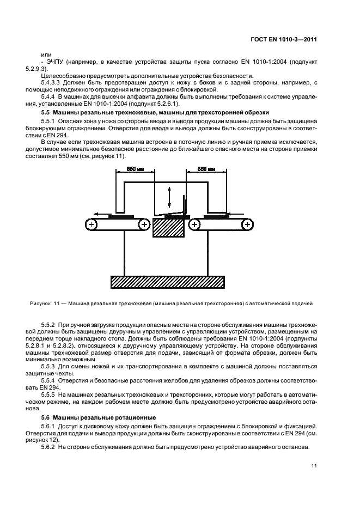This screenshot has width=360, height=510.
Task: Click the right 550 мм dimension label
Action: [206, 169]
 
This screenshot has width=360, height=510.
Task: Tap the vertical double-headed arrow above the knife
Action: [169, 197]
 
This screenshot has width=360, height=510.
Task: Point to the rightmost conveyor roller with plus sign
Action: [248, 224]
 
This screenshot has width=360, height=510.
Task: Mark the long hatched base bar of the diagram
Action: [167, 281]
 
